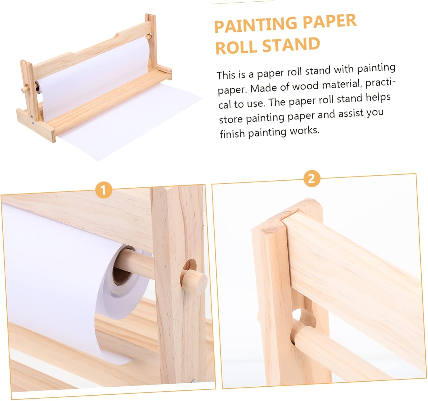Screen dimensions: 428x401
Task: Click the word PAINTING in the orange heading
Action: coord(257,25)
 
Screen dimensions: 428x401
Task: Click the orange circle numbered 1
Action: coord(104,190)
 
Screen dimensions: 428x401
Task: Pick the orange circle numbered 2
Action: coord(312,179)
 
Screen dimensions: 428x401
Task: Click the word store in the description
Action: coord(231,119)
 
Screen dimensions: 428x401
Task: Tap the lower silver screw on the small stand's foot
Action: coord(33,124)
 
